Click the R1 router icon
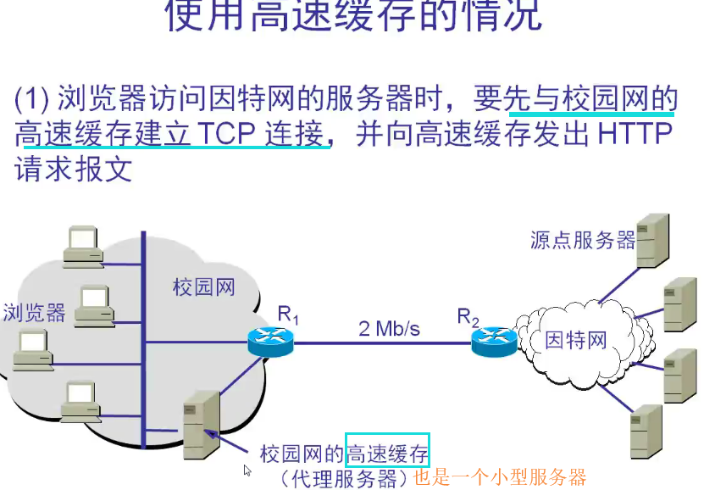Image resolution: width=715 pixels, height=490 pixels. pyautogui.click(x=270, y=342)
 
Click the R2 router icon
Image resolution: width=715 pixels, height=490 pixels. pyautogui.click(x=495, y=341)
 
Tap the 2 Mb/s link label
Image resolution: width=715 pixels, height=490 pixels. pyautogui.click(x=389, y=328)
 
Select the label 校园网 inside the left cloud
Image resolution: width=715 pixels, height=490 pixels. pyautogui.click(x=203, y=287)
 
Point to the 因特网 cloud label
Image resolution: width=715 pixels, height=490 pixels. pyautogui.click(x=576, y=341)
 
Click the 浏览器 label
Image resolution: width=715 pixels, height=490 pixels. pyautogui.click(x=34, y=313)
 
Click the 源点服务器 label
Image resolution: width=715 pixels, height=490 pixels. pyautogui.click(x=583, y=240)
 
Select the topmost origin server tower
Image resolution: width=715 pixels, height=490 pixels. pyautogui.click(x=651, y=240)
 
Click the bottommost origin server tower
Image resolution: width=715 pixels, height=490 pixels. pyautogui.click(x=646, y=431)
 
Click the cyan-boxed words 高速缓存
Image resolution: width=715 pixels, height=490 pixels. pyautogui.click(x=387, y=453)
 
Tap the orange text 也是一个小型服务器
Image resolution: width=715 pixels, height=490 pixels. pyautogui.click(x=500, y=477)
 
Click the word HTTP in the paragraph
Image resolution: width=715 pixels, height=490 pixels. pyautogui.click(x=635, y=133)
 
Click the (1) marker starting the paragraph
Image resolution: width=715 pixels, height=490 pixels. pyautogui.click(x=32, y=101)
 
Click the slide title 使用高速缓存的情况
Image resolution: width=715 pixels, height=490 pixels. pyautogui.click(x=353, y=17)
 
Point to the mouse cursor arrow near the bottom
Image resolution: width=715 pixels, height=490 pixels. pyautogui.click(x=247, y=470)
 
